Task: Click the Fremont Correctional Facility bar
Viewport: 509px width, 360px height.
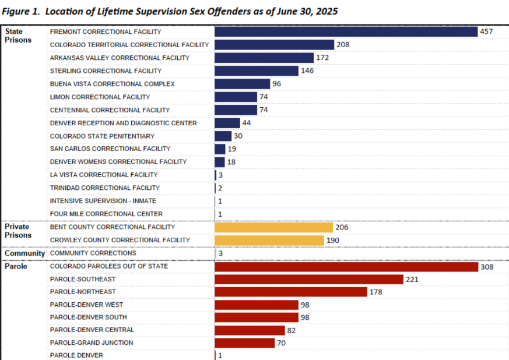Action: (x=346, y=31)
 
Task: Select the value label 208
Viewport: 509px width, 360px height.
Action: (x=343, y=45)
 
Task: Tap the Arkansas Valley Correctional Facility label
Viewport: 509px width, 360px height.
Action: (x=120, y=58)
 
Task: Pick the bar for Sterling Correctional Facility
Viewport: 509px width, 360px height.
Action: (x=256, y=70)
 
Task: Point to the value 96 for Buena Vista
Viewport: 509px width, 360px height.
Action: (x=276, y=84)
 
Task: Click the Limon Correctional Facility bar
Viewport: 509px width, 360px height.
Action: (x=236, y=97)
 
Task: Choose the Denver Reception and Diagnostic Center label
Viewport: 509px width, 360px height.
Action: (x=123, y=123)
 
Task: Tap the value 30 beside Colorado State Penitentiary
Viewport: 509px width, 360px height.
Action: (x=238, y=136)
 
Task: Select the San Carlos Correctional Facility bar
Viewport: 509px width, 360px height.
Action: (x=220, y=149)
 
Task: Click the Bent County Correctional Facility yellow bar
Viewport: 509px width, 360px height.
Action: (x=273, y=227)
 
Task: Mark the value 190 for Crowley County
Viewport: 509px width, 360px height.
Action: (x=332, y=240)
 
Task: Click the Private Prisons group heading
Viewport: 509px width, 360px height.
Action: (x=17, y=231)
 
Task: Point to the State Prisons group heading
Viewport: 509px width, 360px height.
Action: (x=18, y=36)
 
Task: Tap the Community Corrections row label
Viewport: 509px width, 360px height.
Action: (x=93, y=253)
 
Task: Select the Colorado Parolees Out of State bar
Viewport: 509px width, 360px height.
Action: (x=346, y=266)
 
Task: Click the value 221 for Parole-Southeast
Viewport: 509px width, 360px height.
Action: (x=412, y=280)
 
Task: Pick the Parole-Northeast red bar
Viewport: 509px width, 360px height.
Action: (x=290, y=292)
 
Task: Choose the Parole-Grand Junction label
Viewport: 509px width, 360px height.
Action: (x=91, y=343)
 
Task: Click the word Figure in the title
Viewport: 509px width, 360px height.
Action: (x=15, y=12)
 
